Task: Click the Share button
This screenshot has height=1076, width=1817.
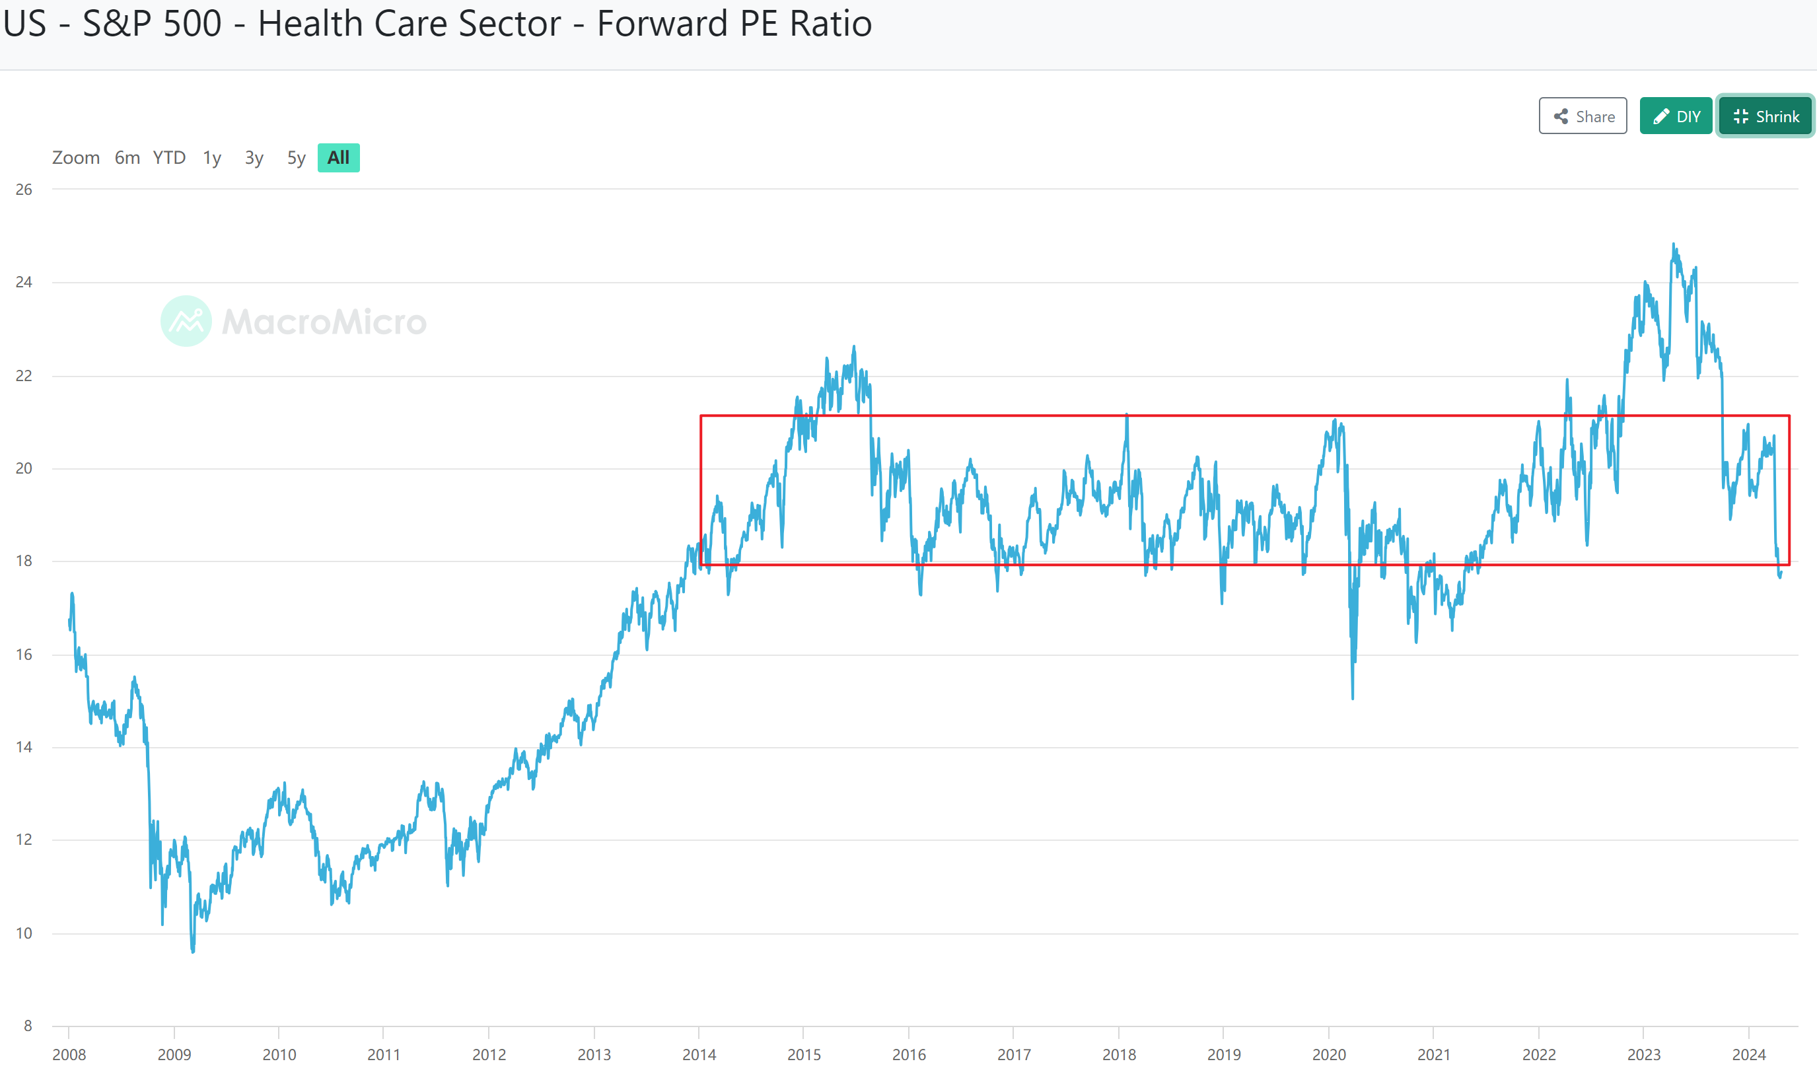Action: tap(1582, 116)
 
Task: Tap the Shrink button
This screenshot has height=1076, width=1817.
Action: tap(1765, 116)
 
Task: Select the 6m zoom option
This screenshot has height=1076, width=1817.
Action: tap(127, 157)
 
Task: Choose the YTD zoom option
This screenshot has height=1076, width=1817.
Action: tap(169, 157)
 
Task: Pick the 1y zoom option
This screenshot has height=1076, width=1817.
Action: tap(212, 157)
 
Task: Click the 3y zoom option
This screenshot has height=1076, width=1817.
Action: tap(254, 157)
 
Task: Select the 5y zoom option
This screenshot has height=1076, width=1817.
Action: tap(296, 157)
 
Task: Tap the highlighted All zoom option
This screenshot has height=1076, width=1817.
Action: tap(339, 157)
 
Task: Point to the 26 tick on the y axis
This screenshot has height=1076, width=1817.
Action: tap(24, 190)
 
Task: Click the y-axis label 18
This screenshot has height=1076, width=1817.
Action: tap(24, 561)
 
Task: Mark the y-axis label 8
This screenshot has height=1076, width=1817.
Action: tap(28, 1025)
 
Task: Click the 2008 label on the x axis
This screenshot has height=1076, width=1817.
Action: tap(69, 1054)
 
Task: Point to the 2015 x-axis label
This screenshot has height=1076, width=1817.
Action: tap(804, 1054)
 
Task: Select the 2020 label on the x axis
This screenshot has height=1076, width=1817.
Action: tap(1329, 1054)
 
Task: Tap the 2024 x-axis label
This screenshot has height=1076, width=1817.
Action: tap(1749, 1054)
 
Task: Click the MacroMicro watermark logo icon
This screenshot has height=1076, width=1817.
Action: tap(186, 321)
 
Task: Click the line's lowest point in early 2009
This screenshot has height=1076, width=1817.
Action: tap(193, 951)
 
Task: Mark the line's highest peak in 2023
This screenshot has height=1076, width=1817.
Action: tap(1674, 244)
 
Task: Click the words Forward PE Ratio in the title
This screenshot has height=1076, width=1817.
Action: tap(734, 23)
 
